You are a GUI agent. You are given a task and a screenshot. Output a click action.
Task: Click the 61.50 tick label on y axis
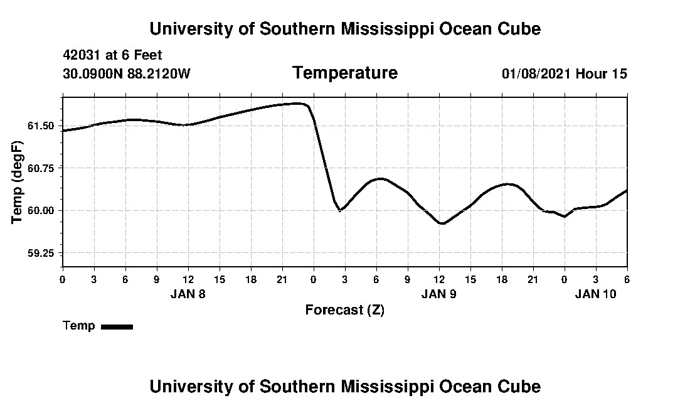(41, 126)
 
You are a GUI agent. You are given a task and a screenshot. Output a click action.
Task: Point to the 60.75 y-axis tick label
(41, 168)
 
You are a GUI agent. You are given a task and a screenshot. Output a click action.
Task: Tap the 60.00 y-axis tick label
(41, 210)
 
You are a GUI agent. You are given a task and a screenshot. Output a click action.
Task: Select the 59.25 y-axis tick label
(41, 253)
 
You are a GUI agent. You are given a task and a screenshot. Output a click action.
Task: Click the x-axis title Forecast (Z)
(344, 309)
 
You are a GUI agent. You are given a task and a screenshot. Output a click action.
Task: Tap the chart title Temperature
(344, 73)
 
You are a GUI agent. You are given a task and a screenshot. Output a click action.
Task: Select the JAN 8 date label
(188, 294)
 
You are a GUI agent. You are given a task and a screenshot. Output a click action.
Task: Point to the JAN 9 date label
(438, 294)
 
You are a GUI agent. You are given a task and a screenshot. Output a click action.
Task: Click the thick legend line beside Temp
(117, 326)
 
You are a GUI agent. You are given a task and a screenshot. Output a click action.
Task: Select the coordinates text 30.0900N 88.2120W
(126, 73)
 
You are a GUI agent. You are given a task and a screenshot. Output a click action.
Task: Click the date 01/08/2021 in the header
(536, 73)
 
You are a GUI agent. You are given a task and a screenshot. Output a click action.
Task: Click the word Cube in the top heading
(519, 29)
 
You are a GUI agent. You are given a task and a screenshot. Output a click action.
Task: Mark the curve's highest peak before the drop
(299, 103)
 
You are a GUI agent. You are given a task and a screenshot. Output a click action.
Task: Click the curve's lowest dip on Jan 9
(442, 223)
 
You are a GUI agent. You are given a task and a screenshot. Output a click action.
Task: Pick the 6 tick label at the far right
(627, 279)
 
